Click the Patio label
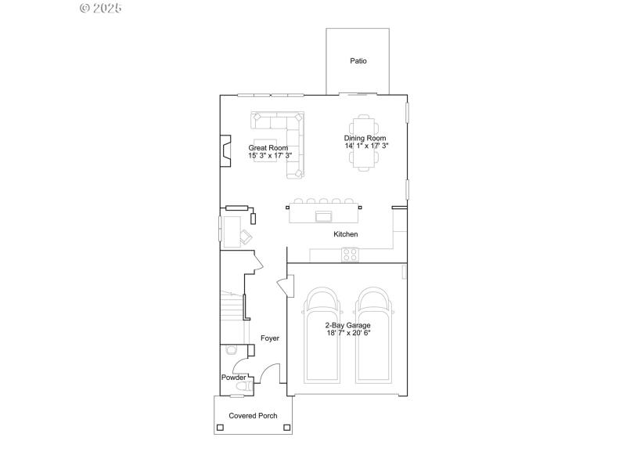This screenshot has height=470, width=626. pyautogui.click(x=358, y=60)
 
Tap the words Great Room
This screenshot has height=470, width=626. pyautogui.click(x=268, y=148)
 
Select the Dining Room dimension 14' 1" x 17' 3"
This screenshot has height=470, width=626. pyautogui.click(x=366, y=146)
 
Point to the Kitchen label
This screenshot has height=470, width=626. pyautogui.click(x=346, y=234)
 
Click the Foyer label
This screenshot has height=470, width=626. pyautogui.click(x=270, y=338)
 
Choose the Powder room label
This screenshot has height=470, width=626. pyautogui.click(x=233, y=378)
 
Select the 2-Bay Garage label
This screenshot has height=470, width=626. pyautogui.click(x=348, y=325)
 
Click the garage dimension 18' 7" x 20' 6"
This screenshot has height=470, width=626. pyautogui.click(x=348, y=333)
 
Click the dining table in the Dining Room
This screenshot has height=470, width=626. pyautogui.click(x=363, y=143)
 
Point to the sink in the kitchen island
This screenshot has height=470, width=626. pyautogui.click(x=323, y=216)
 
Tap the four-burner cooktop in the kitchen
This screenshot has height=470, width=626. pyautogui.click(x=350, y=255)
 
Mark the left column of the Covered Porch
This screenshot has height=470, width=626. pyautogui.click(x=220, y=428)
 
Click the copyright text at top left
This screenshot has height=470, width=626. pyautogui.click(x=101, y=8)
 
